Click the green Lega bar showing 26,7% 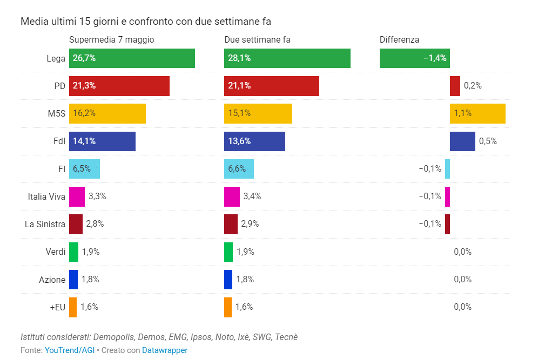132,58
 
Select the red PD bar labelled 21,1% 271,86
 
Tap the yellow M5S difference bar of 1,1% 477,114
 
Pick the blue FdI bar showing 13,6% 254,141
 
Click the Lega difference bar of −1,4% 414,58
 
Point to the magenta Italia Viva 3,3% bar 77,196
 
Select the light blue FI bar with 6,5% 84,169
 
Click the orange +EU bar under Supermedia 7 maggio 73,307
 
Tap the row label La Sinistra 45,224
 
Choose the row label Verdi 56,252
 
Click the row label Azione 52,280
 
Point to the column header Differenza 399,39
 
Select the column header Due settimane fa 257,39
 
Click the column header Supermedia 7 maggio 112,39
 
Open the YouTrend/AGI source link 70,350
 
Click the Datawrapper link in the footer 165,350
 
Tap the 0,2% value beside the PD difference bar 473,86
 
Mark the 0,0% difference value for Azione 462,280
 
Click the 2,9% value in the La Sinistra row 250,224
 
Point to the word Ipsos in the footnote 201,337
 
